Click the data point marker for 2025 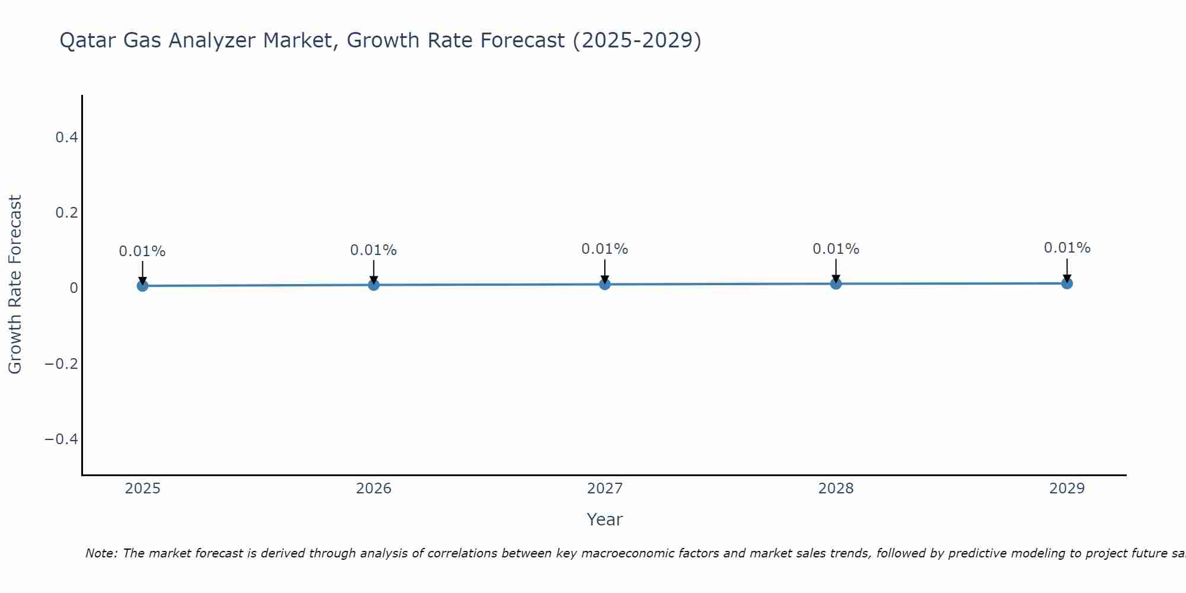coord(142,286)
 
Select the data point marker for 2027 coord(605,285)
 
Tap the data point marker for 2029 coord(1067,283)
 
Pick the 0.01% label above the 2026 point coord(374,250)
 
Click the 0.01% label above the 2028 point coord(836,249)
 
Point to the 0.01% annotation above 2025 coord(142,251)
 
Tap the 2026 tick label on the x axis coord(374,489)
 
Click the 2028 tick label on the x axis coord(836,489)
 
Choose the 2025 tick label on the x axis coord(143,489)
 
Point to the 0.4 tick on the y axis coord(66,138)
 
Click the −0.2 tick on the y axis coord(62,364)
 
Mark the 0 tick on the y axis coord(74,288)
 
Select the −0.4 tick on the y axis coord(62,439)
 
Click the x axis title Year coord(604,519)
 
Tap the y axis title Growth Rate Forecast coord(15,285)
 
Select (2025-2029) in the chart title coord(637,40)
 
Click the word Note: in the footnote coord(101,553)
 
